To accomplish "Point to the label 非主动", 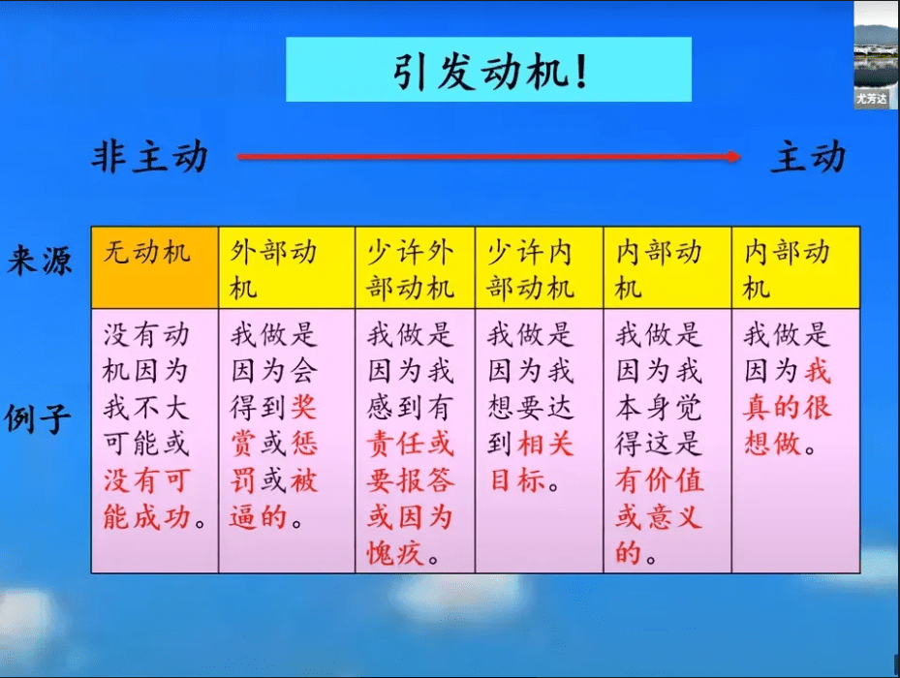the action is [149, 157].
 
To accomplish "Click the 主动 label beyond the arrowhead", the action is [808, 156].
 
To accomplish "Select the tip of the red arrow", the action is [740, 156].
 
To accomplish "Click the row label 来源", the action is [39, 261].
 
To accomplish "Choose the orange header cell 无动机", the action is [154, 267].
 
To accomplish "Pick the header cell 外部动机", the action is [287, 267].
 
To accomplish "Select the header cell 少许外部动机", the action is [415, 267].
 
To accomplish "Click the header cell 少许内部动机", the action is [539, 267].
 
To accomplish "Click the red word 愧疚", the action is [395, 553].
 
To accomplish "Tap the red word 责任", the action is [395, 445].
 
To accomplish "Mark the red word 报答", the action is [425, 480].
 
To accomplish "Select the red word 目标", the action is [517, 480].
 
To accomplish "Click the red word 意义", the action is [674, 516].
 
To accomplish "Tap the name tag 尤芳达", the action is [871, 99].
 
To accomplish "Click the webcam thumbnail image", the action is [876, 54].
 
